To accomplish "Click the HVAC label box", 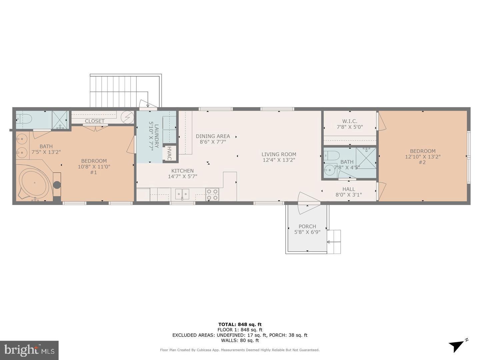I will coord(169,154).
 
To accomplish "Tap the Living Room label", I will coord(279,154).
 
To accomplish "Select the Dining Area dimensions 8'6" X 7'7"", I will coord(213,142).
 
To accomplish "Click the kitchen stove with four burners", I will coord(212,195).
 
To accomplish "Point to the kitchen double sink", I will coord(182,194).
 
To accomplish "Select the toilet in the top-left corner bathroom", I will coord(24,118).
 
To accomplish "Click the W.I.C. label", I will coord(349,121).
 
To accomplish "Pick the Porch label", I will coord(307,226).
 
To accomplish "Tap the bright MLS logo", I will coord(29,350).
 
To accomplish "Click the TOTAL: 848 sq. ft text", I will coord(240,324).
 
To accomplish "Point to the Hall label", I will coord(349,189).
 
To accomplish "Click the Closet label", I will coord(95,121).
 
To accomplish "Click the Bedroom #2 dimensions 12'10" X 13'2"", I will coord(423,157).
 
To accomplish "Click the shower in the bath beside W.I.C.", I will coord(366,158).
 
